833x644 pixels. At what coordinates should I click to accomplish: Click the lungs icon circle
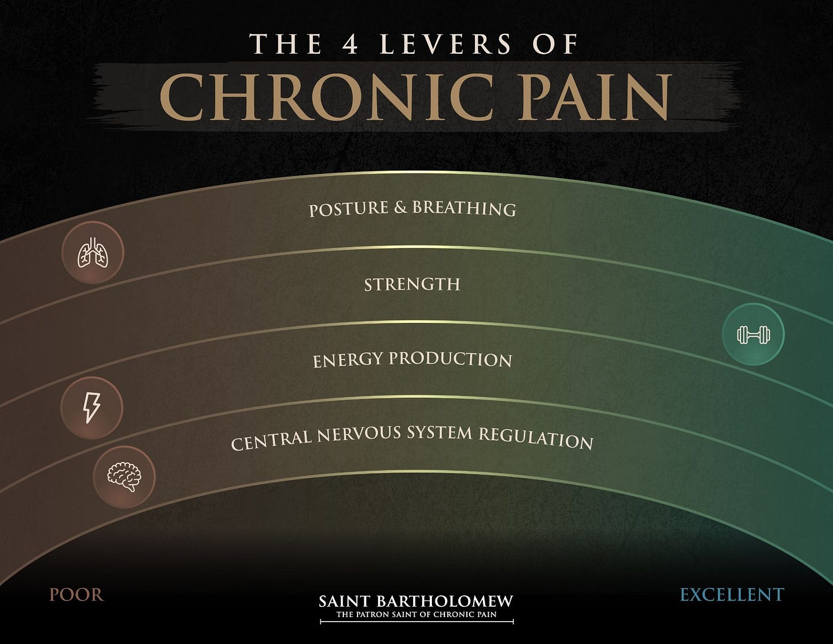[x=93, y=252]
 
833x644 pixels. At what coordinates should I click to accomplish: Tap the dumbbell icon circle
[x=753, y=334]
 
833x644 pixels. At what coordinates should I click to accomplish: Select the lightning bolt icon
[x=92, y=408]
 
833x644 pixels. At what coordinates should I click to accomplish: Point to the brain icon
[x=124, y=477]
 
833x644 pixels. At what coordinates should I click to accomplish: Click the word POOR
[x=76, y=595]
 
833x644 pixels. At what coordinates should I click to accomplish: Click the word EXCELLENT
[x=731, y=595]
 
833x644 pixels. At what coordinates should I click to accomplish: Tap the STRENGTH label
[x=412, y=284]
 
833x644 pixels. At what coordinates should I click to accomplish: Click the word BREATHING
[x=464, y=208]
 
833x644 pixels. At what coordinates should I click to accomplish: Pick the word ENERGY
[x=348, y=361]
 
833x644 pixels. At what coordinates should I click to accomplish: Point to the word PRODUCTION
[x=450, y=359]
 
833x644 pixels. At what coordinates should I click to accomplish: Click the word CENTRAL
[x=271, y=440]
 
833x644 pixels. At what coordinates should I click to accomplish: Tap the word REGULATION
[x=535, y=438]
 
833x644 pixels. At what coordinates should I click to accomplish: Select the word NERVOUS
[x=359, y=434]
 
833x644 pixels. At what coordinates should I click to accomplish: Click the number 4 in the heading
[x=350, y=45]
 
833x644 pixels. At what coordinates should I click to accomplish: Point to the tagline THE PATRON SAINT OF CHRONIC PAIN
[x=416, y=615]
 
